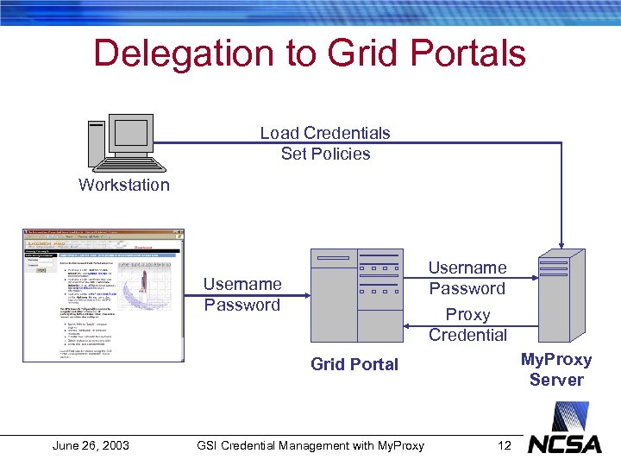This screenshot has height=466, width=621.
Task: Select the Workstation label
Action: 123,185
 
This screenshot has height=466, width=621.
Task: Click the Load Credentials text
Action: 325,133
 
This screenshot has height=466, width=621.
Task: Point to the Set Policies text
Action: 325,154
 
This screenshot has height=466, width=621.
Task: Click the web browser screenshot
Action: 103,294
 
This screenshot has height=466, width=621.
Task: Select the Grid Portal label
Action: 354,364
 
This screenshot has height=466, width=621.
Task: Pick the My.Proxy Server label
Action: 556,369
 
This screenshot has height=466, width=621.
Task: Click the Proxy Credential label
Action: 467,324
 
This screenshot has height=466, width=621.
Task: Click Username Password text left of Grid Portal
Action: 242,294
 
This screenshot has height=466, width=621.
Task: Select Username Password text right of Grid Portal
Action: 467,278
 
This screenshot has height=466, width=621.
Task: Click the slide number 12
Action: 505,445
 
